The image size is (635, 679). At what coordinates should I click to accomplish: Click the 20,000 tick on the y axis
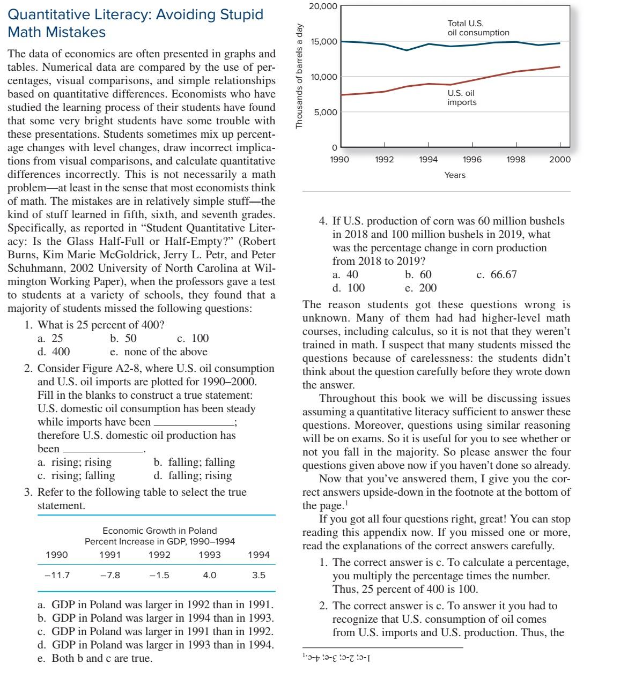click(x=323, y=6)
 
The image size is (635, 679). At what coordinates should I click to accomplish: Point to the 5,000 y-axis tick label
click(x=326, y=113)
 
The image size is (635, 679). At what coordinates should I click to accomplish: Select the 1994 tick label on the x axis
click(x=428, y=159)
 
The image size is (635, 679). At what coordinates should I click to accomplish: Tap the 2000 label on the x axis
click(x=559, y=159)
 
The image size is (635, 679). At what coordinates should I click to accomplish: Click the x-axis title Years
click(x=455, y=175)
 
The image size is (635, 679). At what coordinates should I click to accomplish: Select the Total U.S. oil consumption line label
click(x=478, y=28)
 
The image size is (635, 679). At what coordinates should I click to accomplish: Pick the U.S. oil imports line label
click(x=462, y=98)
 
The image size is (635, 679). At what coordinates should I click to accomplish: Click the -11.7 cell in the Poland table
click(x=57, y=576)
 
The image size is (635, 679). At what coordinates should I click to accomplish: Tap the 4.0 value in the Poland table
click(x=210, y=576)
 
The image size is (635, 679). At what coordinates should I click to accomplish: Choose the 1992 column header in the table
click(x=159, y=555)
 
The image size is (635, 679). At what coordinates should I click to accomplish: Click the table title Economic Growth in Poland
click(x=159, y=531)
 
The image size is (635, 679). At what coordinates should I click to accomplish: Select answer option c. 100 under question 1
click(x=193, y=338)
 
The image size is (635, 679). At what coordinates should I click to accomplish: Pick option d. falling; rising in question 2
click(x=193, y=475)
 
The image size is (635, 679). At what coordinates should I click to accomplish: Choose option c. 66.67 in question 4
click(x=496, y=274)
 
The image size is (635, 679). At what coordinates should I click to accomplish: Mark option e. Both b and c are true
click(x=95, y=658)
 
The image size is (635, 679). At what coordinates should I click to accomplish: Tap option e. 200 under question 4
click(x=420, y=288)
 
